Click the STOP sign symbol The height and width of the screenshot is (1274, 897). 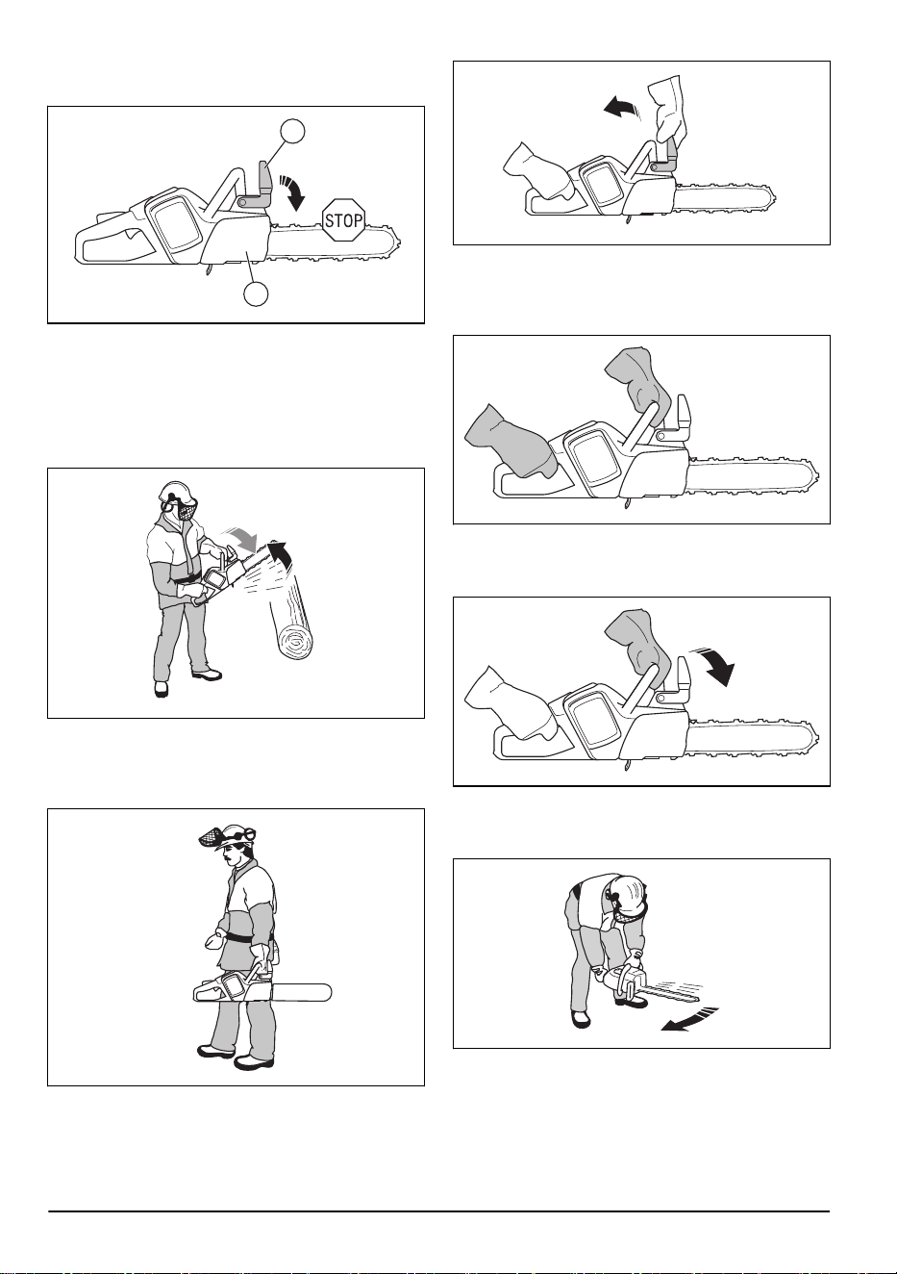pos(343,219)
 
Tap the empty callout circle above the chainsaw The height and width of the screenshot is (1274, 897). pos(292,131)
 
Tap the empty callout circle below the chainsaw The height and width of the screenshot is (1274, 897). pos(256,293)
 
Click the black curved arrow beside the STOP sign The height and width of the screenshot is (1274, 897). pos(292,193)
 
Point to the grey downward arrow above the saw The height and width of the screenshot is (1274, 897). pos(242,539)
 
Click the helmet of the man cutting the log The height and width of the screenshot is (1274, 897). pos(177,491)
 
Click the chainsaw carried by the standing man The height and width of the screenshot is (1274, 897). pos(262,991)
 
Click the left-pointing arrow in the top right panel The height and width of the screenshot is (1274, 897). pos(623,107)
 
